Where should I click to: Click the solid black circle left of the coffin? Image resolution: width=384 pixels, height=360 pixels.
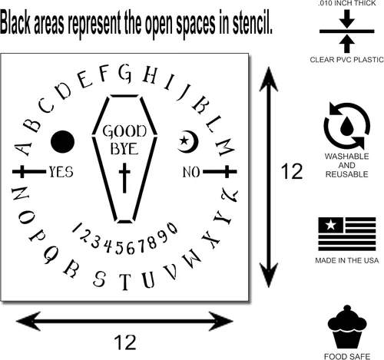pyautogui.click(x=62, y=141)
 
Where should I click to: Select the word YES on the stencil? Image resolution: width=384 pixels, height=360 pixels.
pyautogui.click(x=61, y=172)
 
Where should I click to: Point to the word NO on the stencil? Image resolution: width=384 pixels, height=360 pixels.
pyautogui.click(x=191, y=172)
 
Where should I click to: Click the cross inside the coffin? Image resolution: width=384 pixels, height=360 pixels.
pyautogui.click(x=124, y=177)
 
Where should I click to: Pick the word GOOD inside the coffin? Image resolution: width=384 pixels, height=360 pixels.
pyautogui.click(x=124, y=131)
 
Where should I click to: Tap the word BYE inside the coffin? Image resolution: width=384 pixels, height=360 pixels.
pyautogui.click(x=124, y=149)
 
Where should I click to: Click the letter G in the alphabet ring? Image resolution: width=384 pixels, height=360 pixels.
pyautogui.click(x=125, y=73)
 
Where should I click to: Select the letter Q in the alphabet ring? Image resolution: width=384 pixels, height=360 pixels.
pyautogui.click(x=51, y=254)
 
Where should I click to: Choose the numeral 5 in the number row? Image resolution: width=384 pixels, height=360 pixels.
pyautogui.click(x=119, y=247)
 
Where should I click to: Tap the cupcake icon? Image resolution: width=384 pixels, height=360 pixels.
pyautogui.click(x=347, y=326)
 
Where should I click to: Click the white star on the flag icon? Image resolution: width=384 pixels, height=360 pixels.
pyautogui.click(x=331, y=225)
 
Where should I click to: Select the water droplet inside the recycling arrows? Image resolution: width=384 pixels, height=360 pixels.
pyautogui.click(x=346, y=126)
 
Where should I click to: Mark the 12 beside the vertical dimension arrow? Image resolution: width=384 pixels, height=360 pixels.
pyautogui.click(x=292, y=171)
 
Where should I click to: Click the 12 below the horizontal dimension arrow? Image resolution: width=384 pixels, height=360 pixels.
pyautogui.click(x=125, y=342)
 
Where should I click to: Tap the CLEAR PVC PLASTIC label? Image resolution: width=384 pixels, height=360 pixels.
pyautogui.click(x=346, y=60)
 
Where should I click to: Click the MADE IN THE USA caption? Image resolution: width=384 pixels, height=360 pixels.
pyautogui.click(x=346, y=260)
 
